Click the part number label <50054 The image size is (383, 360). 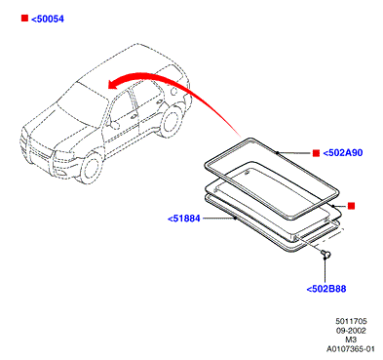coord(48,19)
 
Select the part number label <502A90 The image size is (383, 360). coord(343,153)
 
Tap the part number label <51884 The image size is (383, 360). coord(184,219)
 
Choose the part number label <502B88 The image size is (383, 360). coord(326,289)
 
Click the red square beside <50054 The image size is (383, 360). coord(24,19)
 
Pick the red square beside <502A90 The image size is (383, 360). coord(316,153)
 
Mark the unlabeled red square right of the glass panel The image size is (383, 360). coord(351,206)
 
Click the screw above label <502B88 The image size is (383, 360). coord(326,254)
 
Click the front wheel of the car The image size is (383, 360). coord(91,168)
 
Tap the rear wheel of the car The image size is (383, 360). coord(172,121)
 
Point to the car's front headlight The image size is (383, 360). coord(64,155)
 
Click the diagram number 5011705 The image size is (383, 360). coord(351,321)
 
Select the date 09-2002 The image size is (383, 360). coord(351,331)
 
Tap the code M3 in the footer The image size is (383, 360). coord(351,340)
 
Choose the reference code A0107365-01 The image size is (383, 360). coord(351,349)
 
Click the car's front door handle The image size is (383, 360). coord(134,117)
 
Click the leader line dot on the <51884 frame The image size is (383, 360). coord(235,219)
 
